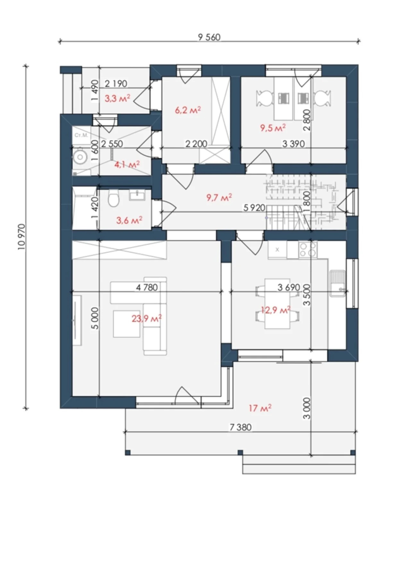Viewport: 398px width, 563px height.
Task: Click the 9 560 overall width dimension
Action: [209, 37]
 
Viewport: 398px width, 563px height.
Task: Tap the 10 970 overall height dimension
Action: [22, 237]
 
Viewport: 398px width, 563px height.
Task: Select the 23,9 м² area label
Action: [147, 318]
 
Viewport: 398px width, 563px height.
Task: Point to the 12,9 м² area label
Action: [275, 310]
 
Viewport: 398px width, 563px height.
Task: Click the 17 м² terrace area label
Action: [260, 408]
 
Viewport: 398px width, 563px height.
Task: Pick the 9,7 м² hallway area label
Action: [219, 197]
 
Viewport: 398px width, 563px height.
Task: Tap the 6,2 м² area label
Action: [188, 110]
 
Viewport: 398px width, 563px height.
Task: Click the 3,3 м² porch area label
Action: [117, 98]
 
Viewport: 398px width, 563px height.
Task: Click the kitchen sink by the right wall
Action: [337, 283]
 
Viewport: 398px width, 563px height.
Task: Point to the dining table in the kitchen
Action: [277, 304]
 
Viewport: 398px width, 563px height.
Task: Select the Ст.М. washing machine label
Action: [81, 135]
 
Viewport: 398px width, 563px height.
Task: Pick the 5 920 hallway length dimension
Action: [254, 208]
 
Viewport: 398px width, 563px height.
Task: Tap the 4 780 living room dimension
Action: [147, 287]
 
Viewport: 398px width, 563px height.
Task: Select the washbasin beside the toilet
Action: [138, 195]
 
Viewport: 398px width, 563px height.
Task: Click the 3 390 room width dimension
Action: [293, 143]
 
